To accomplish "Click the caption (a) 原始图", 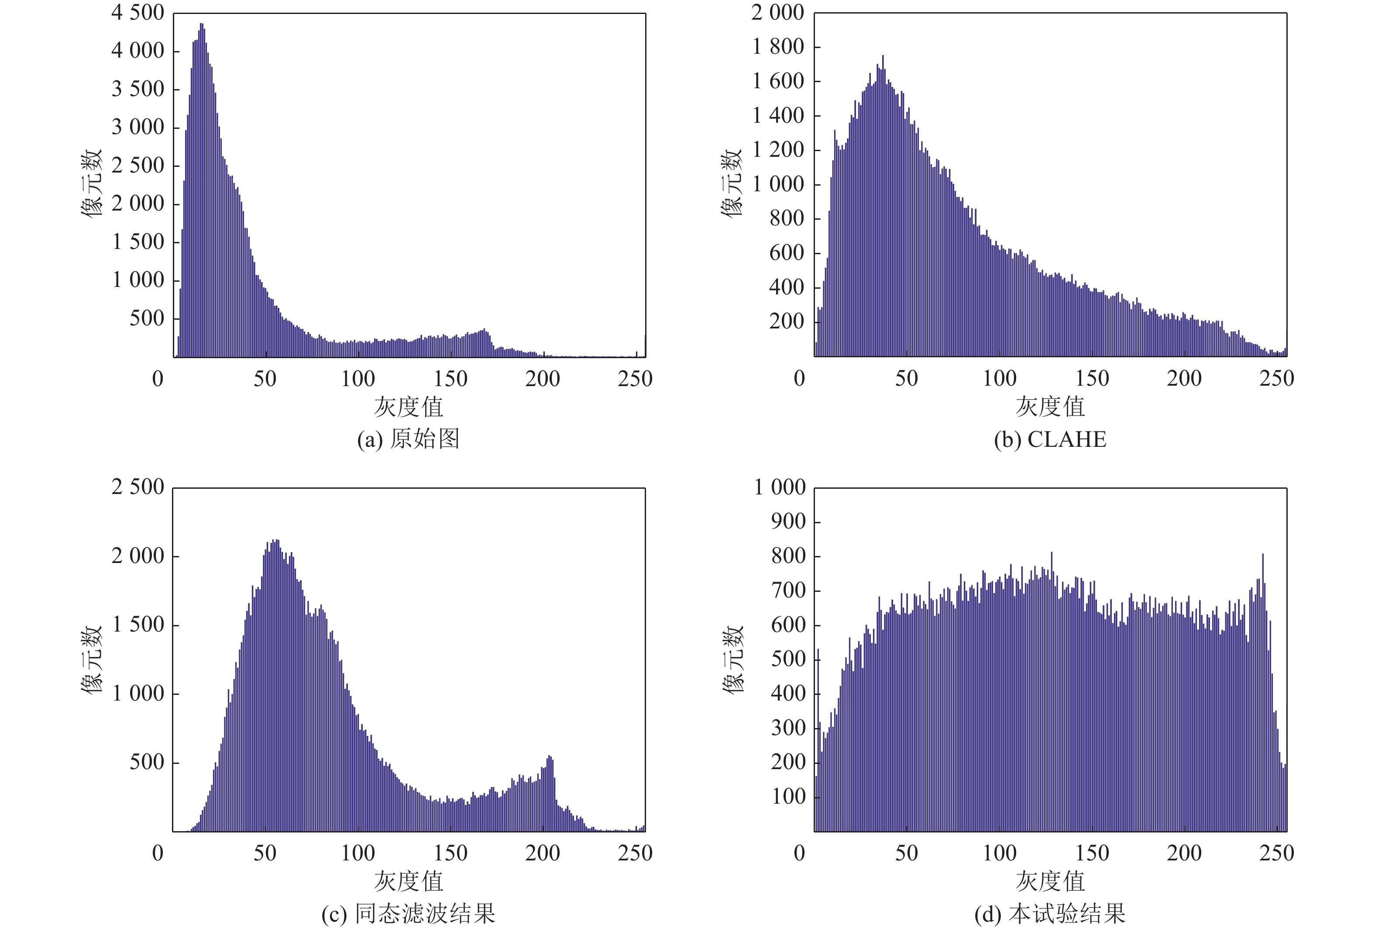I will coord(408,439).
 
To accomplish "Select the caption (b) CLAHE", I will coord(1050,439).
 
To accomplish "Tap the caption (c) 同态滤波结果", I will coord(408,914).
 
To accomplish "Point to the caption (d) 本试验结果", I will coord(1050,914).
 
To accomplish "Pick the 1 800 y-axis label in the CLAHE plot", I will coord(778,47).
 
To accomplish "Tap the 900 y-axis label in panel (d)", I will coord(788,521).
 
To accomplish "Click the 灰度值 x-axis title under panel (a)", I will coord(408,407).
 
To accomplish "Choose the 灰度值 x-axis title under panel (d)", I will coord(1050,881).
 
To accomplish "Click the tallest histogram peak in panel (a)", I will coord(202,25).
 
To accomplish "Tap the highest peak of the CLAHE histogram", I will coord(883,57).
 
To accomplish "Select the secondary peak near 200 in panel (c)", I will coord(550,757).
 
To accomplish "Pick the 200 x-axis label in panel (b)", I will coord(1184,378).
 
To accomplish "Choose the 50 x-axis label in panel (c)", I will coord(265,853).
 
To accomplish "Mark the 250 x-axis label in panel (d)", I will coord(1277,853).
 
